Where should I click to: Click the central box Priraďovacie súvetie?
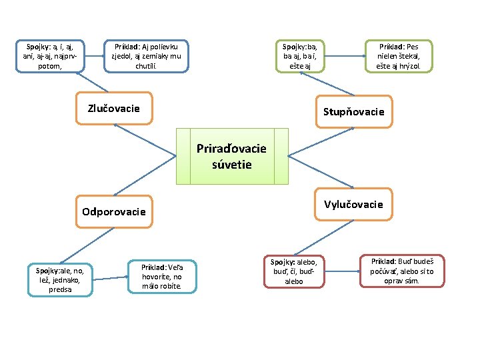(x=231, y=156)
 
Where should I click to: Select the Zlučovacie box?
(x=115, y=109)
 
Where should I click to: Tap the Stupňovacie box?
(x=353, y=111)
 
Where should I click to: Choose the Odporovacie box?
(x=114, y=212)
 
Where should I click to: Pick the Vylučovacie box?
(x=353, y=204)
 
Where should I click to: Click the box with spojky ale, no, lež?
(x=60, y=280)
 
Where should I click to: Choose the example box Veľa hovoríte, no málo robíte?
(x=162, y=277)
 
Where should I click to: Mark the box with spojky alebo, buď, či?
(x=294, y=271)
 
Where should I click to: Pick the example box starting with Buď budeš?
(x=402, y=271)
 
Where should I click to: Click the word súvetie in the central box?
(x=231, y=165)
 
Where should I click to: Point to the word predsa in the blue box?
(x=60, y=289)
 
